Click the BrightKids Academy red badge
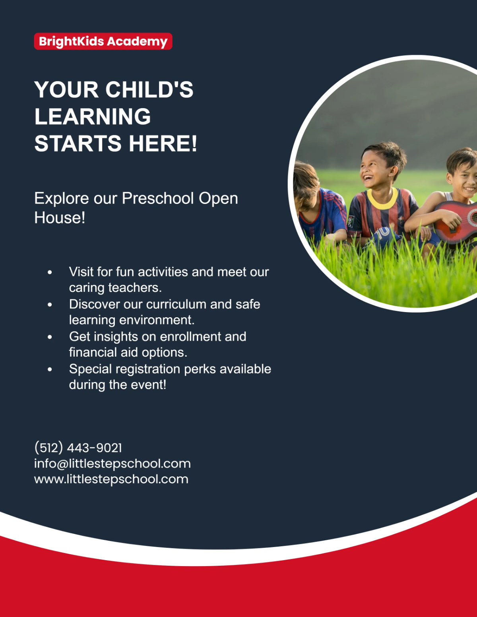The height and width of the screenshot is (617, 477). [x=103, y=41]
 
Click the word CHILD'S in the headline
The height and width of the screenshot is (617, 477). [x=149, y=89]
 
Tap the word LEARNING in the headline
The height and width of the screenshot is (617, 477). [x=93, y=116]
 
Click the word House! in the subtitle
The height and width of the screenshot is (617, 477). [x=60, y=218]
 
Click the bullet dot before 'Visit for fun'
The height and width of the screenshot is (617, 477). [x=50, y=272]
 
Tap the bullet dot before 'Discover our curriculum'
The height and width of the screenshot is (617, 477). [x=50, y=305]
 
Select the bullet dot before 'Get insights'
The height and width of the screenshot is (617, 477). [x=50, y=337]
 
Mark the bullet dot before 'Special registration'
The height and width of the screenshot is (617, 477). [x=50, y=369]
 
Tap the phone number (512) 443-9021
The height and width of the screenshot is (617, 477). [x=78, y=448]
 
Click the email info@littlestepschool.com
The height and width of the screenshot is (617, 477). [x=112, y=464]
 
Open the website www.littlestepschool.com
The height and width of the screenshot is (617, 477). [x=111, y=479]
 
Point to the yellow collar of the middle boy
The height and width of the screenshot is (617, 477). [x=382, y=199]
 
